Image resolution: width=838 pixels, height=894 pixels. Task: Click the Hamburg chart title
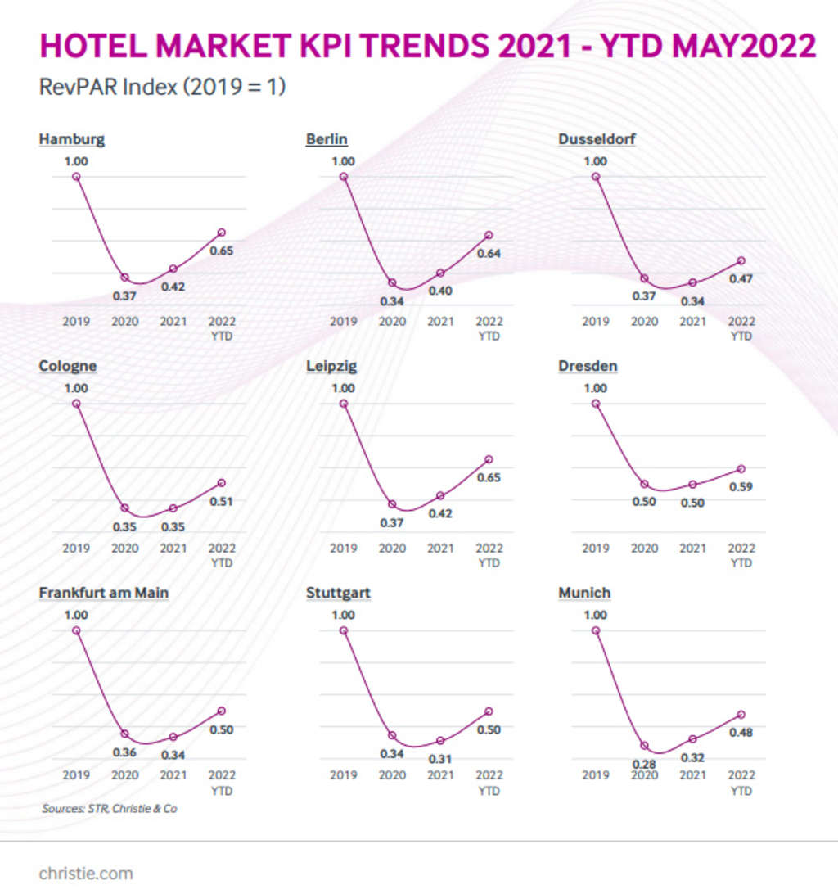72,139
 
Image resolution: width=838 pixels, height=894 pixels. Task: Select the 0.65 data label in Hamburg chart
221,251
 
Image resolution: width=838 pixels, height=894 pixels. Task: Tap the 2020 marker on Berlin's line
392,283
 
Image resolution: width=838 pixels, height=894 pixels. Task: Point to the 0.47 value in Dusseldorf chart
741,279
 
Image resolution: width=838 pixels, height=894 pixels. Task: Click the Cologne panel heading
68,366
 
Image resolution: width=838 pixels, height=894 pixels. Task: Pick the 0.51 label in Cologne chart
221,502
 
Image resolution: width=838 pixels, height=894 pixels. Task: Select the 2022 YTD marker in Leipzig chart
489,459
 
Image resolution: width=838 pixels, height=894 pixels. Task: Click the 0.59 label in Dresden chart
741,487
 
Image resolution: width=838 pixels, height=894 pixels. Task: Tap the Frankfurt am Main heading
104,593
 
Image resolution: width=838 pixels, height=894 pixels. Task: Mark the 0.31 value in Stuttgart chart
440,759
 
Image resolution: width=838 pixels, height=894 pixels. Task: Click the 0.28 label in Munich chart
644,764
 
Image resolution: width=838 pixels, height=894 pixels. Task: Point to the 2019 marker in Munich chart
596,630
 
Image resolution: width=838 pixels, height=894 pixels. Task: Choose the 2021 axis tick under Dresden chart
692,549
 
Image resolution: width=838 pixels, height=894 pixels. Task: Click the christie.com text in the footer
86,874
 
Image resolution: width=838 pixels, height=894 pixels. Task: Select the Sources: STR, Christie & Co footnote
109,809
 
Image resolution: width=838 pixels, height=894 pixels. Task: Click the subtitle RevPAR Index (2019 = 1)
162,87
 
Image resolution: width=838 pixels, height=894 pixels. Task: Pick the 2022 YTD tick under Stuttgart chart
489,782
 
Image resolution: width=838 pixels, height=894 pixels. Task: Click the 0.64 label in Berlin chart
489,254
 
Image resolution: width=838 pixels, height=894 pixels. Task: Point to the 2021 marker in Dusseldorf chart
693,282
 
